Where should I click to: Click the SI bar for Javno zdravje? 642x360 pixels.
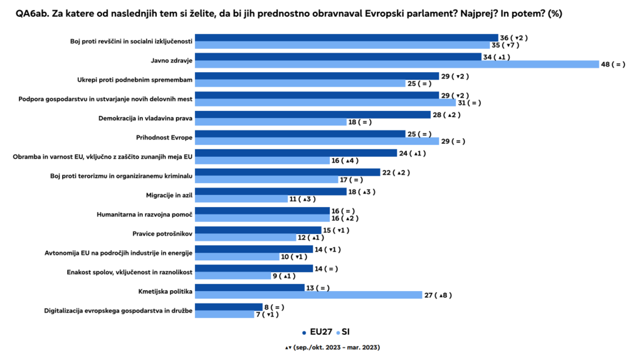(x=397, y=64)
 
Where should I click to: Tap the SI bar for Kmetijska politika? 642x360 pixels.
(x=309, y=295)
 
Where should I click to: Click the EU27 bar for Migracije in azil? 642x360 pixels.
(x=271, y=191)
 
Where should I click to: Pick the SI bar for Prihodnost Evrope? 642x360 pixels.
(x=317, y=141)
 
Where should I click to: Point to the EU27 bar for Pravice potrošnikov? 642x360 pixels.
(x=259, y=230)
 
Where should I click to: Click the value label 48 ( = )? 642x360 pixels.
(x=613, y=64)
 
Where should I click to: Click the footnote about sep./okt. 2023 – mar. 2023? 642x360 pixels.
(x=332, y=347)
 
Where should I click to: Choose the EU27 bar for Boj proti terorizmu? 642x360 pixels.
(x=288, y=172)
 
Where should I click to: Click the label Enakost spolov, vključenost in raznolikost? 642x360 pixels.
(x=129, y=272)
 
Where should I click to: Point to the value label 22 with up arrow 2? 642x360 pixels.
(x=396, y=172)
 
